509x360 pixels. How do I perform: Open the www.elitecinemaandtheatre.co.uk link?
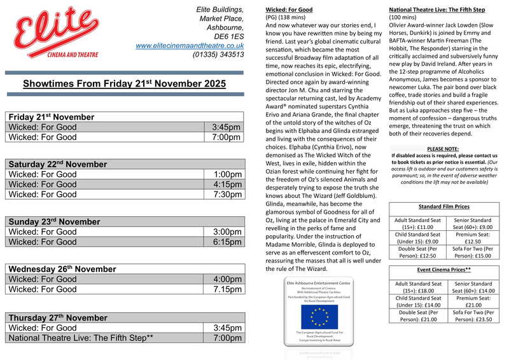(x=190, y=45)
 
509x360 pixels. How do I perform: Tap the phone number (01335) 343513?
(x=218, y=55)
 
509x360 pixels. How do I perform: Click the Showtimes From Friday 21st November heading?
(x=124, y=84)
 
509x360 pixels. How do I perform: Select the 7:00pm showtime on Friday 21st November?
(x=227, y=137)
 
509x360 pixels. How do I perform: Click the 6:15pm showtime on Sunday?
(x=227, y=242)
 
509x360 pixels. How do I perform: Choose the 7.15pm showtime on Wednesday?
(x=227, y=289)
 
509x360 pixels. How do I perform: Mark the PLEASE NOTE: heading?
(x=444, y=148)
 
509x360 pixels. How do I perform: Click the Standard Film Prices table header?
(x=444, y=207)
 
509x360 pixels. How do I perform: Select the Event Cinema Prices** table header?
(x=444, y=270)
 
